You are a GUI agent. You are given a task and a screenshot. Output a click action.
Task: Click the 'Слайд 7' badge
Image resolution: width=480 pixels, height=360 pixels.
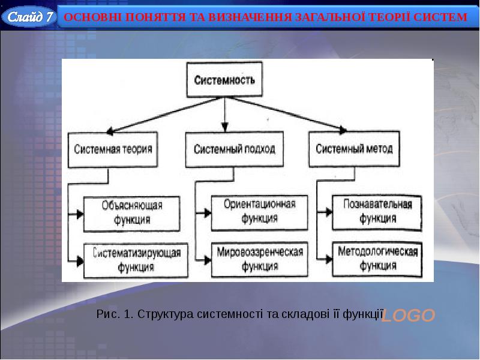click(x=29, y=17)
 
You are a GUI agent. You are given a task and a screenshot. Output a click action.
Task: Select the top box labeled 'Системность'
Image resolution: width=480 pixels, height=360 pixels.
click(x=224, y=80)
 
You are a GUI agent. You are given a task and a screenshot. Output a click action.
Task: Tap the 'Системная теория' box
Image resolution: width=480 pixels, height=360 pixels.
click(x=113, y=149)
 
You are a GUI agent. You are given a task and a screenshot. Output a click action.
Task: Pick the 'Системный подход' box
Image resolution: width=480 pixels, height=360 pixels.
click(x=234, y=149)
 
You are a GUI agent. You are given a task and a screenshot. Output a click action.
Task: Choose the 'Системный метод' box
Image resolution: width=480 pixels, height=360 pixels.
click(x=354, y=149)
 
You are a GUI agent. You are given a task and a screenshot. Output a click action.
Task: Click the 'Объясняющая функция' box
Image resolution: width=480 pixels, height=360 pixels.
click(x=131, y=214)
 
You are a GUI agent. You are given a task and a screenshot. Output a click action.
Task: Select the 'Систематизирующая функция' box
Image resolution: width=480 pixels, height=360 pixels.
click(x=136, y=260)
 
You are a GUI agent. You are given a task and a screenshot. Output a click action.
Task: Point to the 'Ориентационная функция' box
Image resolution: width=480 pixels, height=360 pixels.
click(x=259, y=213)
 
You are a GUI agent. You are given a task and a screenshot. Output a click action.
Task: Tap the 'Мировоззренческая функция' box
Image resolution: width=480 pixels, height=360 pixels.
click(x=259, y=260)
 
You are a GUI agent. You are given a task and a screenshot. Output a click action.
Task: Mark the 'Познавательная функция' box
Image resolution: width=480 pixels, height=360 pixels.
click(x=377, y=212)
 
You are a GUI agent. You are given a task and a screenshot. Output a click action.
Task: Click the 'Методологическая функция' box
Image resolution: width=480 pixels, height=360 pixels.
click(x=377, y=259)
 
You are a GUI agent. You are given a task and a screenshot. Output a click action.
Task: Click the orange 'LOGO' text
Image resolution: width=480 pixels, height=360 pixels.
click(x=408, y=316)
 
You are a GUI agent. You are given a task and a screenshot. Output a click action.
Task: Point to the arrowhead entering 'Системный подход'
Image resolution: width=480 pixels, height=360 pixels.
click(x=224, y=127)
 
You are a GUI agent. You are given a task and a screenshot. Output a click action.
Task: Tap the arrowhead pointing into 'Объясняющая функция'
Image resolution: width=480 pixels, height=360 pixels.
click(x=80, y=214)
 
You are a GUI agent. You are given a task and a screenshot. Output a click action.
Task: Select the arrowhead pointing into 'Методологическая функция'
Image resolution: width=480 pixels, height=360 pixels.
click(x=329, y=259)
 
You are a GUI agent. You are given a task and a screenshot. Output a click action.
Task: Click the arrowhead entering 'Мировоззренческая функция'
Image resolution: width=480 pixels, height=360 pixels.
click(x=208, y=260)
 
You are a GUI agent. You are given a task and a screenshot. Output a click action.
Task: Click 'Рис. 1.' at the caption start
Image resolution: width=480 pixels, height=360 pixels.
click(x=115, y=314)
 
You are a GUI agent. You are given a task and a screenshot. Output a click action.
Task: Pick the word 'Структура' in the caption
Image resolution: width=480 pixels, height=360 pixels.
click(x=166, y=314)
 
